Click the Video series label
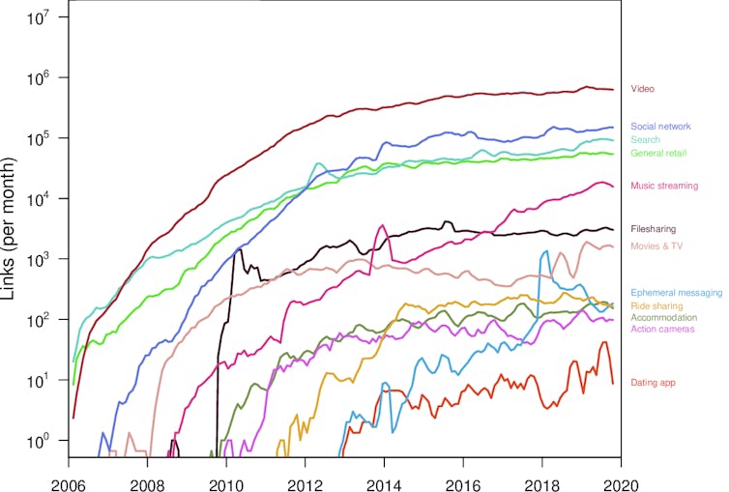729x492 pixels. [x=642, y=89]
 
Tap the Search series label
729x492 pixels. [x=645, y=140]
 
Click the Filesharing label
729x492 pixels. [x=653, y=229]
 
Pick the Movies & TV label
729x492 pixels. [x=656, y=246]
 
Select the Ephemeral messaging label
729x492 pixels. [x=676, y=293]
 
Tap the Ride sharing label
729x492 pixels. [x=656, y=305]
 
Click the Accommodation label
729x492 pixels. [x=662, y=317]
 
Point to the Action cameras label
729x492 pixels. [x=662, y=330]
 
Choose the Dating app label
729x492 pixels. [x=653, y=383]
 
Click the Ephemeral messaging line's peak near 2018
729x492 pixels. [x=546, y=251]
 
